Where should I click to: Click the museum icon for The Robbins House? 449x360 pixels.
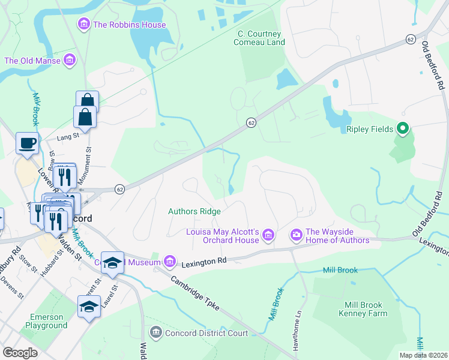[83, 25]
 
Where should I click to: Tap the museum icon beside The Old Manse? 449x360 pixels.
[70, 61]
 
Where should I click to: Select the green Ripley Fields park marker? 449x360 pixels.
[403, 129]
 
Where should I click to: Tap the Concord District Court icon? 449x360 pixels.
[155, 332]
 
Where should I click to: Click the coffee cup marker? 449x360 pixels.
[27, 144]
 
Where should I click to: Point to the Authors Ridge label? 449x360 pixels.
[194, 211]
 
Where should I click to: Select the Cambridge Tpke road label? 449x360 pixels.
[195, 294]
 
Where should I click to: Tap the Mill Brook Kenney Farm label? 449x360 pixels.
[359, 308]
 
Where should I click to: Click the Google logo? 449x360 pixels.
[20, 353]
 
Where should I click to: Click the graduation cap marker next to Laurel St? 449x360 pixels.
[89, 307]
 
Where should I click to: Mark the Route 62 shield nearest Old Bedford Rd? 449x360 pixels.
[411, 39]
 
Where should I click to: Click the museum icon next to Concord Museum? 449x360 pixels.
[170, 261]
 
